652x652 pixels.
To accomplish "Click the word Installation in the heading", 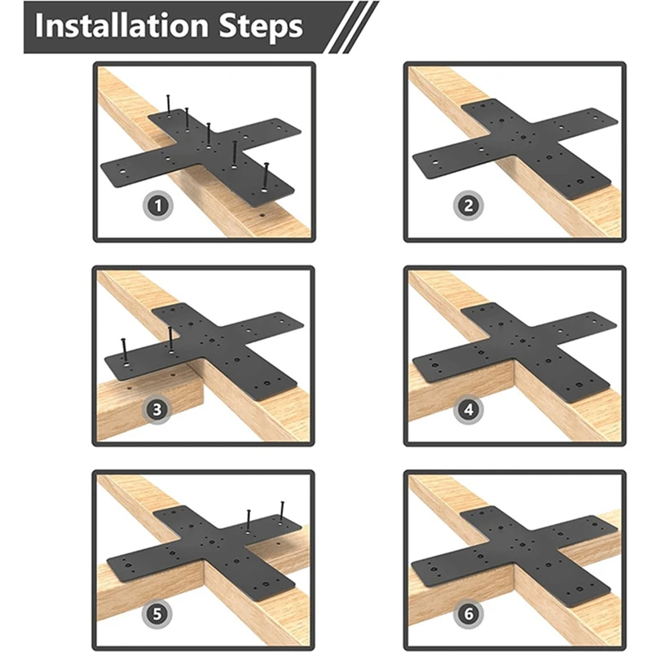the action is tap(121, 26).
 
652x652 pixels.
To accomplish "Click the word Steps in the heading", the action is tap(261, 26).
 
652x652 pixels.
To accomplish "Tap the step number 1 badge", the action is tap(158, 205).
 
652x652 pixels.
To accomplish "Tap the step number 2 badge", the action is tap(468, 205).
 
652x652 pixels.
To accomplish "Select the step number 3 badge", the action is tap(156, 410).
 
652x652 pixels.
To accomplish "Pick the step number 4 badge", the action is tap(469, 410).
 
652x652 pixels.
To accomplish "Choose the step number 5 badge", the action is tap(156, 614).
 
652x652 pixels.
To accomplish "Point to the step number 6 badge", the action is tap(469, 614).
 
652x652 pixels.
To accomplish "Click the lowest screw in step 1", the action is tap(267, 177).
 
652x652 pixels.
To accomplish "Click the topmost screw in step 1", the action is tap(169, 104).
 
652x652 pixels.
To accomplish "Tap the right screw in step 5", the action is tap(282, 512).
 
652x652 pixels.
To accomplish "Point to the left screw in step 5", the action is tap(249, 522).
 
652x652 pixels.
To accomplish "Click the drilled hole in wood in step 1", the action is tap(262, 216).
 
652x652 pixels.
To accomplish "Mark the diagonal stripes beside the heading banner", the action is tap(354, 27).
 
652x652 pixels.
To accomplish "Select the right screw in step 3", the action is tap(170, 340).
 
